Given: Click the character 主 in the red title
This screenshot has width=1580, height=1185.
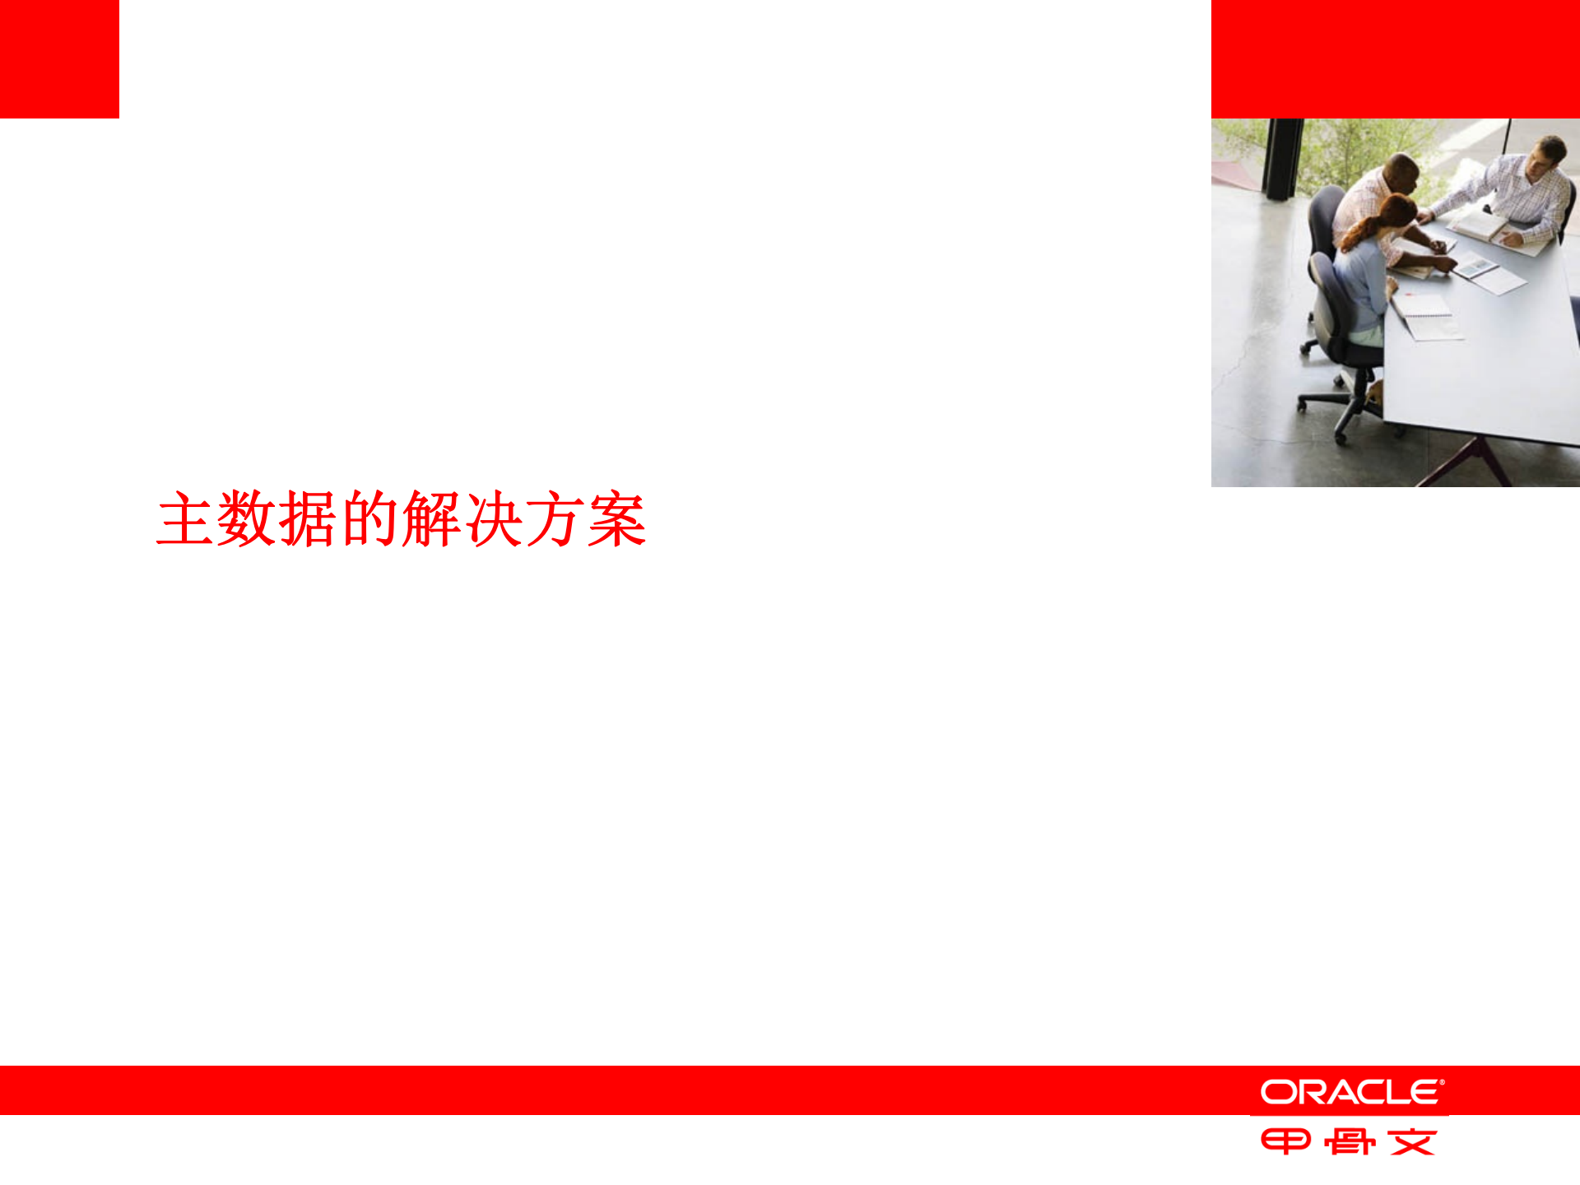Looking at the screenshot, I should (186, 519).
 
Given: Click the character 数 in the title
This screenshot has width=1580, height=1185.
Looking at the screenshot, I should (247, 519).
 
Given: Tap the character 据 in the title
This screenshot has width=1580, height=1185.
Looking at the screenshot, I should (308, 519).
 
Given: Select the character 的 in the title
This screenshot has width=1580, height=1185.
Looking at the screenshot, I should (369, 519).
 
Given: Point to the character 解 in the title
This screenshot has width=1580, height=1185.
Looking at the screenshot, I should (431, 519).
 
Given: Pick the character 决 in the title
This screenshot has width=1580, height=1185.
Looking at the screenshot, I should (493, 519).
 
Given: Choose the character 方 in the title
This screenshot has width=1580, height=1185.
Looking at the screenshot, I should (555, 519).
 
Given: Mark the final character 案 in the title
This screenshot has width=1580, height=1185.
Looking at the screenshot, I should (616, 519).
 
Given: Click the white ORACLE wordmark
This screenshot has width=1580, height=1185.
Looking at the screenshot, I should (1351, 1092).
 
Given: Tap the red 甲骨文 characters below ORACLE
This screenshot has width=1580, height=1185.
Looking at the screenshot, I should (1349, 1142).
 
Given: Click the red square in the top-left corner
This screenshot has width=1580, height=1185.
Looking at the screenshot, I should (59, 58).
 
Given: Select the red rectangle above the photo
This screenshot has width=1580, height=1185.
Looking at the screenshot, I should (1395, 58).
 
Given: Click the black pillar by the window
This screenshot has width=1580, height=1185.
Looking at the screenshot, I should (1282, 158).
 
